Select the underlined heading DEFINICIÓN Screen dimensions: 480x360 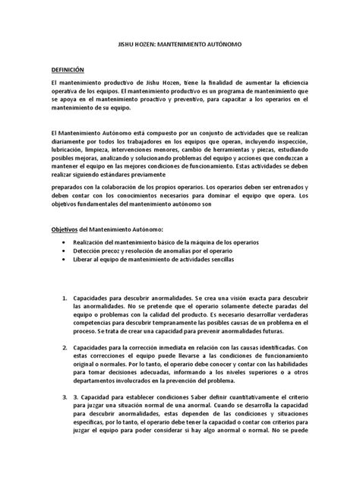(x=68, y=68)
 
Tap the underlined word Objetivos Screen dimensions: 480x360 (x=65, y=229)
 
